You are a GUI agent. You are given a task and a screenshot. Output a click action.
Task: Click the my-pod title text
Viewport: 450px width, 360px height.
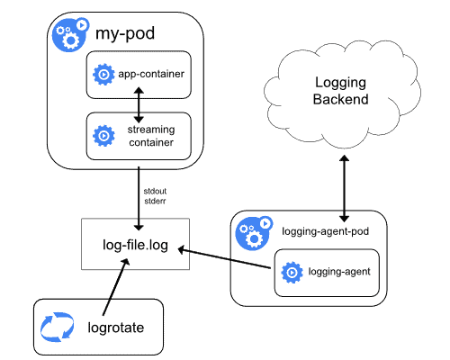(x=126, y=36)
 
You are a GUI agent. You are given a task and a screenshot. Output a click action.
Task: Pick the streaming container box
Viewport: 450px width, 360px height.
(x=139, y=136)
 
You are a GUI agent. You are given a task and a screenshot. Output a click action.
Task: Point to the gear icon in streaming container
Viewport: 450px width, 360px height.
(x=103, y=136)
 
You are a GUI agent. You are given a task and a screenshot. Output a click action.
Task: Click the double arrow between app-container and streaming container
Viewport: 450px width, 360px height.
(x=139, y=105)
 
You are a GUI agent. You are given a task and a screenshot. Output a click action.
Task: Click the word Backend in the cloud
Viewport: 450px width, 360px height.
(x=341, y=99)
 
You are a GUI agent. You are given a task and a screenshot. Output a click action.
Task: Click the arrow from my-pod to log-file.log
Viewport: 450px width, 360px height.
(x=139, y=193)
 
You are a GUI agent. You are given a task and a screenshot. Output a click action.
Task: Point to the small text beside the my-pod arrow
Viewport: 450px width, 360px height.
(x=155, y=195)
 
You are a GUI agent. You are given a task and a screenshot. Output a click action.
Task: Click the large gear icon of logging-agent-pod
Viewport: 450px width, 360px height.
(x=252, y=233)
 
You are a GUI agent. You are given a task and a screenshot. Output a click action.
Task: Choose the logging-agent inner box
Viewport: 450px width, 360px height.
(x=324, y=270)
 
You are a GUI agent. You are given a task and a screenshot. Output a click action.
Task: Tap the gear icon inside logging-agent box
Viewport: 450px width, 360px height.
(x=291, y=270)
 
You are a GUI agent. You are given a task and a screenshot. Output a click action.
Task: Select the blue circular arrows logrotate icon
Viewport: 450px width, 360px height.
(x=56, y=328)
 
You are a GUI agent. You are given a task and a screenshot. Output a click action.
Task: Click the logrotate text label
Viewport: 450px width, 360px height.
(x=118, y=328)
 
